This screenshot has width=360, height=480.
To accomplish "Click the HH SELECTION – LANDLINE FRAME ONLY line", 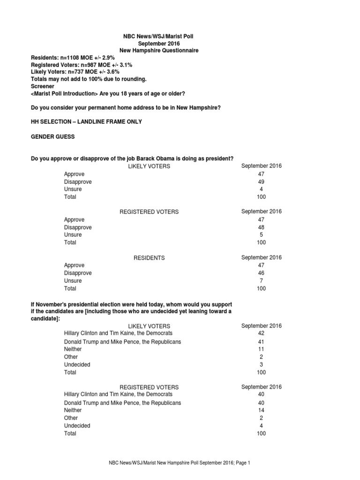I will tap(86, 122).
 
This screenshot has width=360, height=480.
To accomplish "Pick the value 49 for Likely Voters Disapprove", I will tap(261, 182).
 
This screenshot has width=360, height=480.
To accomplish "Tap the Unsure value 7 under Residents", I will tap(261, 281).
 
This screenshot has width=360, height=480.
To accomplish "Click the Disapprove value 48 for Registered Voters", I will tap(261, 227).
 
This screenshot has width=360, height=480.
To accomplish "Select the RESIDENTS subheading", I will tap(149, 258).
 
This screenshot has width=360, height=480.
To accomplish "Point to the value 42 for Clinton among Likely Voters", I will tap(261, 333).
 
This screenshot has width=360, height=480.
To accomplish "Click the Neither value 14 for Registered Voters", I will tap(261, 410).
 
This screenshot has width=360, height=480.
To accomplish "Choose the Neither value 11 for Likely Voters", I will tap(261, 349).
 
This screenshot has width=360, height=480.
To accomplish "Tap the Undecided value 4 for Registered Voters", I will tap(261, 426).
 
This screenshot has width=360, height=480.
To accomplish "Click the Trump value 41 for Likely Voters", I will tap(261, 342).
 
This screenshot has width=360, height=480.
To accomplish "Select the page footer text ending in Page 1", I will tap(180, 463).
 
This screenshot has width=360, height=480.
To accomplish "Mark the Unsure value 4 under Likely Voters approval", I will tap(261, 189).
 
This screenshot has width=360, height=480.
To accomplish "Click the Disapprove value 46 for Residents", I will tap(261, 273).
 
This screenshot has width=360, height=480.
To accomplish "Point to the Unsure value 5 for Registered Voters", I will tap(261, 235).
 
